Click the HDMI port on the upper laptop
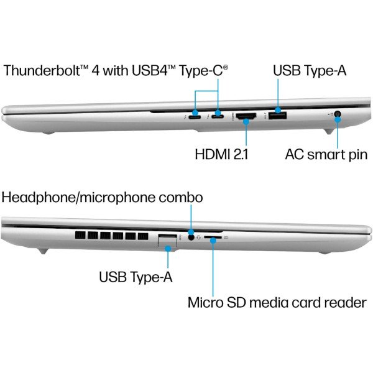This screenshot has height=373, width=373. point(246,116)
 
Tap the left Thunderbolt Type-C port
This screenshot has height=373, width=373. point(195,117)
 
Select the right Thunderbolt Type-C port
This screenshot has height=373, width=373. point(218,117)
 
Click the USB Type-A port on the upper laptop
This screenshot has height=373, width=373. point(277,116)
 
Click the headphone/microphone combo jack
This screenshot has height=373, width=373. point(191,237)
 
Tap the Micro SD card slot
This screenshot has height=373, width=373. point(213,237)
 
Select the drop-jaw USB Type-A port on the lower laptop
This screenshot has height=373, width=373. point(167,241)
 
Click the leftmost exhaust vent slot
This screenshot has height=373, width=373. point(80,236)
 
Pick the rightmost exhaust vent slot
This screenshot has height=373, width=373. point(143,236)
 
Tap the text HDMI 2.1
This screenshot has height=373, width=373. point(221,154)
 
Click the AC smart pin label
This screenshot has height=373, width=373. point(326,155)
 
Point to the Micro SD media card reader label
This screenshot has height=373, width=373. point(277,302)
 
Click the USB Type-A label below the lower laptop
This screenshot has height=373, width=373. point(136,277)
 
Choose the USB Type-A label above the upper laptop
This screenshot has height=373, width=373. point(310,70)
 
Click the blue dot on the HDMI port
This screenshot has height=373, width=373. point(246,122)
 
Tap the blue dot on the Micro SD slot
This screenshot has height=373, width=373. point(213,241)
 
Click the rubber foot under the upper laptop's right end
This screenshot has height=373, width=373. point(328,131)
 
